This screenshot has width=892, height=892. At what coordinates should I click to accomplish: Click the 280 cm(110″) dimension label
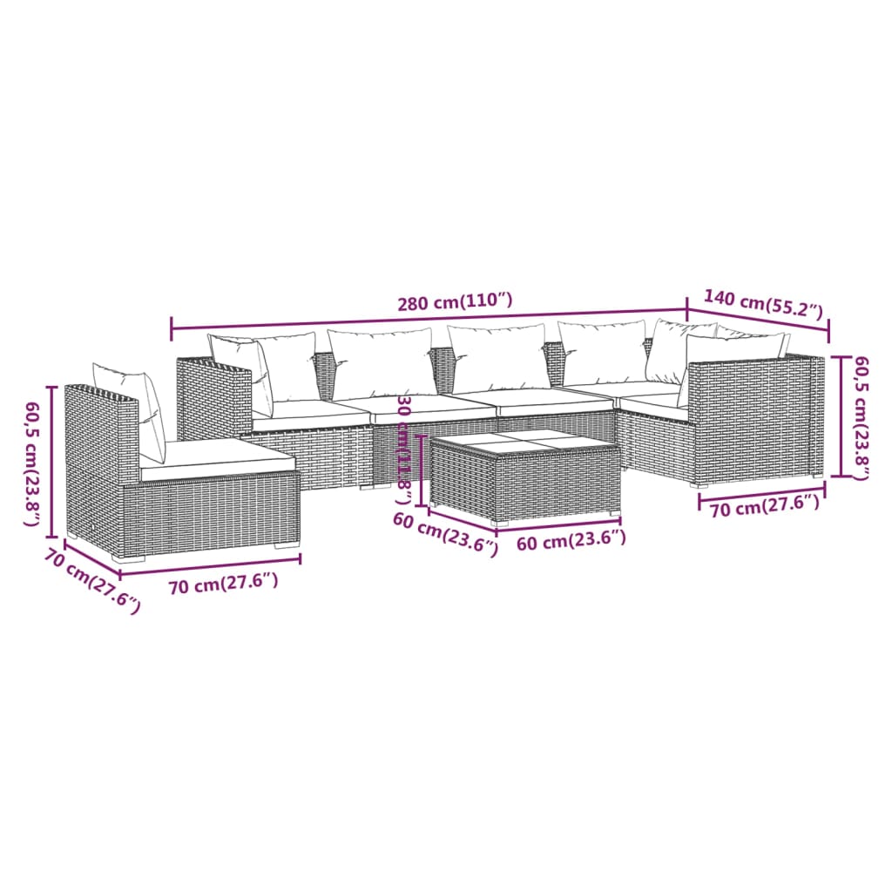[455, 303]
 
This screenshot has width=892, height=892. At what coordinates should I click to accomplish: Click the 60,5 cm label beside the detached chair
[33, 463]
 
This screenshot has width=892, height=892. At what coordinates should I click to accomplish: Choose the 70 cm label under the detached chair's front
[223, 585]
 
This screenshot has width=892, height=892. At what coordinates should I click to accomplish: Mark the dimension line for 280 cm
[348, 323]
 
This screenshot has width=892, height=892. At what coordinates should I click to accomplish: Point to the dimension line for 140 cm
[758, 321]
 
